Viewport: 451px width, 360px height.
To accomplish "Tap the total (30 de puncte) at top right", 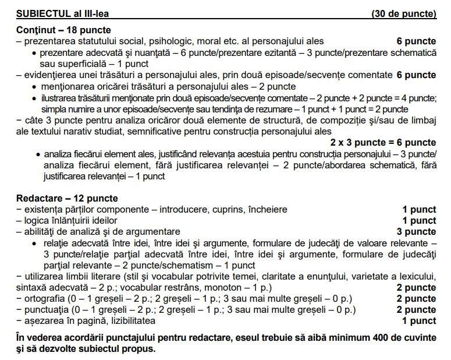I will coord(403,13).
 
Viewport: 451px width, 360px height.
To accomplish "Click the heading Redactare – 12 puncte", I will coord(67,199).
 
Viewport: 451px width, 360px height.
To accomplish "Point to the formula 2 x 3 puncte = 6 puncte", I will coord(383,143).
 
